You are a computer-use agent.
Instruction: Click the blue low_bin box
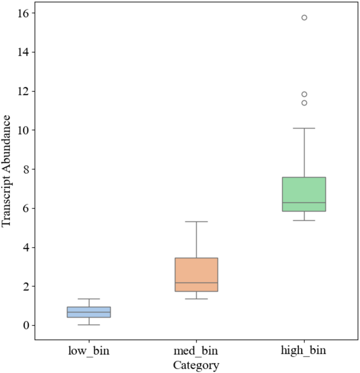[89, 312]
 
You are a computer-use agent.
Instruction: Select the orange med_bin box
[196, 274]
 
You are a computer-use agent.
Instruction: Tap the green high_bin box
[304, 194]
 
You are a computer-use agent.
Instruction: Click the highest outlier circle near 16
[304, 17]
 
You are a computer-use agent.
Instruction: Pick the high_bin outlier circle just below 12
[304, 94]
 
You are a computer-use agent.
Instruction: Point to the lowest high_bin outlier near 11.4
[304, 103]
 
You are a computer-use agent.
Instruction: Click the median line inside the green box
[304, 203]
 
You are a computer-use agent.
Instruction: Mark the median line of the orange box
[196, 283]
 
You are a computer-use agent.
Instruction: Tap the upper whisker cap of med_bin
[196, 222]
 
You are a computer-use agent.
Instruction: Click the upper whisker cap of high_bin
[304, 128]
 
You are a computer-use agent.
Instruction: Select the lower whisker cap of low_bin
[89, 325]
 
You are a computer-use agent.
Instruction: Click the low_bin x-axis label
[89, 350]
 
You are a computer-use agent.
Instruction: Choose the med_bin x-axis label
[196, 350]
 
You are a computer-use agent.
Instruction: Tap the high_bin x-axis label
[304, 350]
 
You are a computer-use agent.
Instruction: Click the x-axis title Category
[196, 364]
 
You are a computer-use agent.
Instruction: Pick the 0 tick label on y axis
[25, 325]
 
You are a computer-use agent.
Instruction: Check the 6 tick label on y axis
[25, 208]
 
